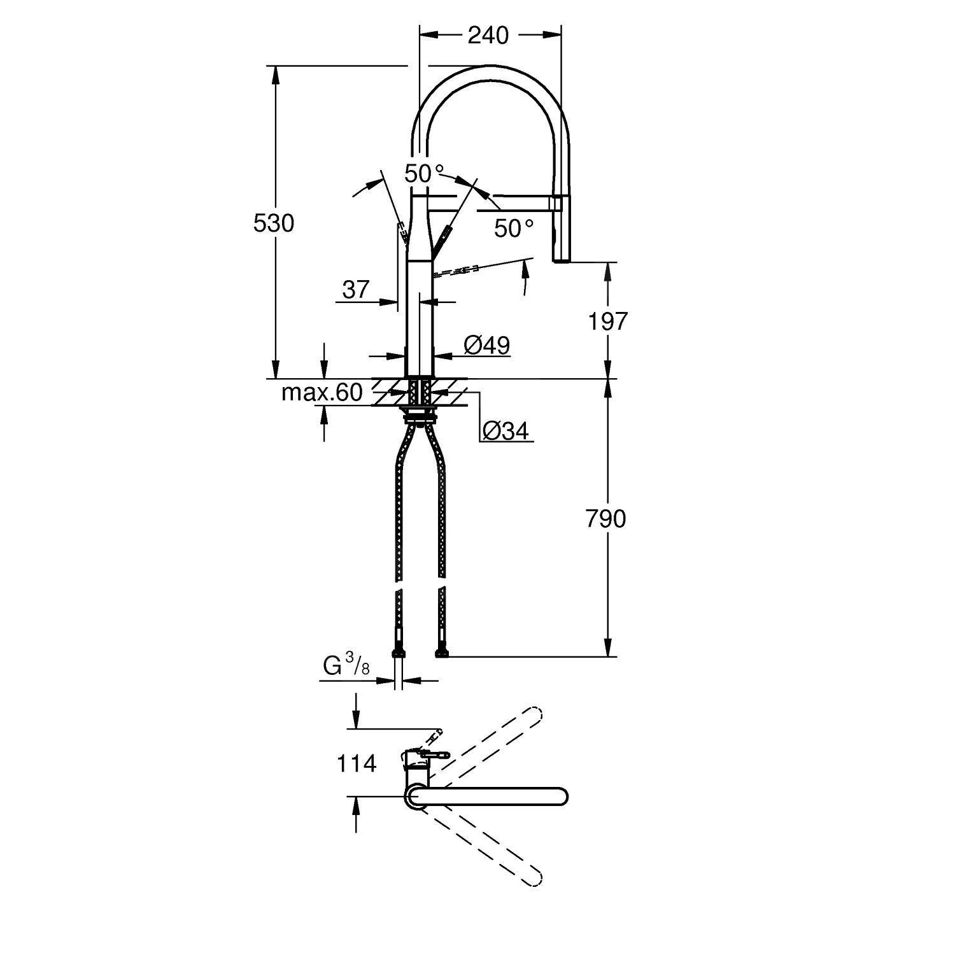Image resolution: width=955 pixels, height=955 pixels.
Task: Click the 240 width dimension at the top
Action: pos(488,36)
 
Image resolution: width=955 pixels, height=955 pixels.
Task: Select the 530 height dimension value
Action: pos(274,223)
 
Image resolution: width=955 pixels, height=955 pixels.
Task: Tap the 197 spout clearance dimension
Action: pos(607,322)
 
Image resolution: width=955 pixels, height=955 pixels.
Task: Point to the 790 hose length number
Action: pos(605,520)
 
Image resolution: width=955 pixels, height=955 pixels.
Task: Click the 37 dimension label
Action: pos(355,290)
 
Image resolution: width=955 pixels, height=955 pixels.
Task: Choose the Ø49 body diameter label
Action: pos(486,346)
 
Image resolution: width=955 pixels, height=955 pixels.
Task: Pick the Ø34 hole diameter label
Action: pos(506,432)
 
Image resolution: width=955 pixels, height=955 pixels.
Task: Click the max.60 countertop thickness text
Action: pos(322,393)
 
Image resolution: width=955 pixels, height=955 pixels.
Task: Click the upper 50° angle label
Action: pos(424,173)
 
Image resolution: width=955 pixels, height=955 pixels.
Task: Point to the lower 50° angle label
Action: pos(514,229)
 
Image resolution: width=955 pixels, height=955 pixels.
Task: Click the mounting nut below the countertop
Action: pos(420,417)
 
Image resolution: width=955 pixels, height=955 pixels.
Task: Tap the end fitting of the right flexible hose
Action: pos(441,652)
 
